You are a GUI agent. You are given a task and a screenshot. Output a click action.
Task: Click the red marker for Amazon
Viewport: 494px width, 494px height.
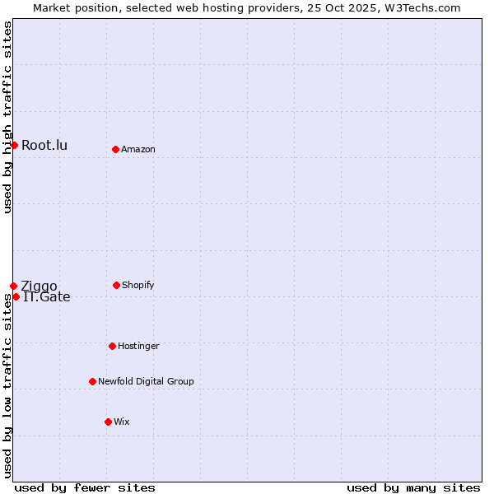116,149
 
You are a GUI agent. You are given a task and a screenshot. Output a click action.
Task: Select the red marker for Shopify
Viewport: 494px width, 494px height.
116,285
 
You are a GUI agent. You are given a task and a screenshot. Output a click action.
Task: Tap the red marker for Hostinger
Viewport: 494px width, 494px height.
112,346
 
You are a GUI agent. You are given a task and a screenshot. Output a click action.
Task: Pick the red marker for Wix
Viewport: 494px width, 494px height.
108,422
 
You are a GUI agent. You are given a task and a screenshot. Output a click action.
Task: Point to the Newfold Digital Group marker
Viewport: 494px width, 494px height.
92,381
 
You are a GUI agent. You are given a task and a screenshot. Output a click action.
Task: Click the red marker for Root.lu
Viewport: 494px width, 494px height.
14,145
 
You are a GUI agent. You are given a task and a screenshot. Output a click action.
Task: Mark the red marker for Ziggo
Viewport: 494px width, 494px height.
13,286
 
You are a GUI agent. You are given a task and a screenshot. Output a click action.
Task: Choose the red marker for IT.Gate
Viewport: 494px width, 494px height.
16,296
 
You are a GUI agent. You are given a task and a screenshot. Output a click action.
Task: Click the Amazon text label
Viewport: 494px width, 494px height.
138,149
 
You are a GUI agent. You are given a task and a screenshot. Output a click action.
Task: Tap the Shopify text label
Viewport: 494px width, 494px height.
138,285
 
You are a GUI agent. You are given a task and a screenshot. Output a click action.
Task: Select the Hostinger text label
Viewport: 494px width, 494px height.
138,346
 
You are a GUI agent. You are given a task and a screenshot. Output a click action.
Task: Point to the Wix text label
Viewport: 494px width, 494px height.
122,422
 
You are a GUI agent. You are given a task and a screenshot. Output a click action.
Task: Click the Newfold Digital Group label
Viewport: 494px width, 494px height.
146,381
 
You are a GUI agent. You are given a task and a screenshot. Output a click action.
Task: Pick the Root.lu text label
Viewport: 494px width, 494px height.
44,146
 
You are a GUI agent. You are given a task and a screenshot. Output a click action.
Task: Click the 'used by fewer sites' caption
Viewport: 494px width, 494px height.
85,487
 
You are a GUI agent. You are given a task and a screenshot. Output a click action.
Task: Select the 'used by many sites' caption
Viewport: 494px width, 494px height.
413,487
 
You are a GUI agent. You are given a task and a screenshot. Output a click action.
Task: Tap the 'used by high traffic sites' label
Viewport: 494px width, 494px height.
7,117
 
